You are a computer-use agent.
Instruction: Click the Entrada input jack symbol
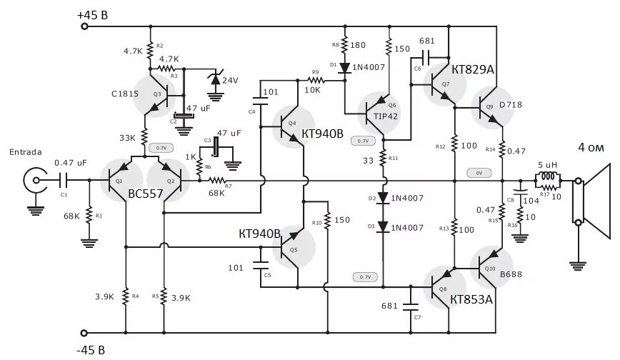(31, 179)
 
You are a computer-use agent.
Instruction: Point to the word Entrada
(25, 152)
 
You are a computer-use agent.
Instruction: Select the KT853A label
(471, 299)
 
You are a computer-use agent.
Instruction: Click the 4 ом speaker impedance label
(593, 148)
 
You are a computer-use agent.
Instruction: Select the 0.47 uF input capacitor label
(70, 163)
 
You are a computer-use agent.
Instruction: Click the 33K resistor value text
(128, 138)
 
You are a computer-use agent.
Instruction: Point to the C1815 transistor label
(126, 93)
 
